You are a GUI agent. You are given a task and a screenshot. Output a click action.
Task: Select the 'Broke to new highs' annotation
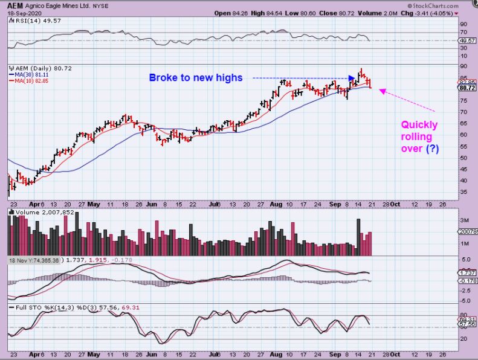(196, 77)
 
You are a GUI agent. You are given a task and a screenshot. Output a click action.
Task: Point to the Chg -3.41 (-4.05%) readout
(433, 13)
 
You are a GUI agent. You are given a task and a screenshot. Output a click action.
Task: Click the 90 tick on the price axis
(463, 66)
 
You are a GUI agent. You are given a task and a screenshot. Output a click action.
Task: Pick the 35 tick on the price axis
(463, 191)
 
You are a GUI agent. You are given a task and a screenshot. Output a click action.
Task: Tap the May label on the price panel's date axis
(94, 204)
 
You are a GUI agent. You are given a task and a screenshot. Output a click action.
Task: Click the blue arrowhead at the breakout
(353, 78)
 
